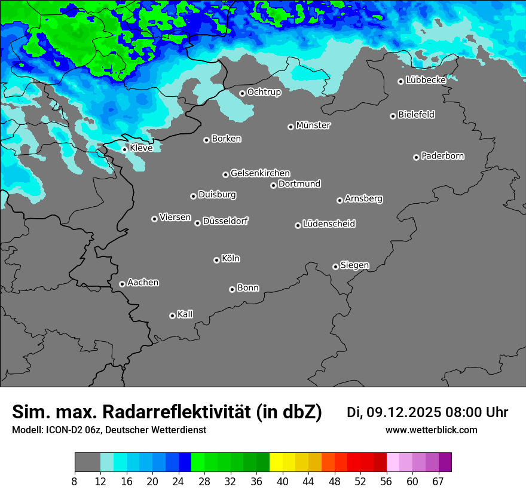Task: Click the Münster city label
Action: tap(313, 125)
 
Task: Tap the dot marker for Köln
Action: tap(216, 260)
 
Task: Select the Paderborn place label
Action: tap(443, 156)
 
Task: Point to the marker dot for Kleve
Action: tap(124, 149)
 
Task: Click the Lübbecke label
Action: tap(426, 80)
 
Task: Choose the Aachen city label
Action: tap(143, 282)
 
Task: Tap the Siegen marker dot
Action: tap(335, 267)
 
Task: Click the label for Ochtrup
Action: tap(264, 92)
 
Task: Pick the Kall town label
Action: tap(185, 314)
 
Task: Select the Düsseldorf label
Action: tap(225, 221)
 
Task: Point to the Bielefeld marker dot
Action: tap(393, 116)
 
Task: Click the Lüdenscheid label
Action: tap(329, 224)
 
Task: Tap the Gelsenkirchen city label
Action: tap(260, 173)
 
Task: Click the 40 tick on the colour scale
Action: tap(283, 481)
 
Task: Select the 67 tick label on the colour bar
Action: tap(438, 481)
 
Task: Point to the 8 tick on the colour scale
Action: tap(74, 481)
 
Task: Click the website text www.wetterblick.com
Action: tap(431, 430)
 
